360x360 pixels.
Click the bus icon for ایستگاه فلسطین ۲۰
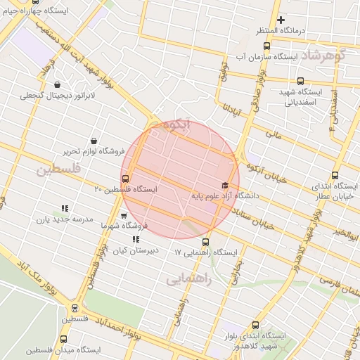[126, 179]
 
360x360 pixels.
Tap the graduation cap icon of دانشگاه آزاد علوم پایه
[225, 185]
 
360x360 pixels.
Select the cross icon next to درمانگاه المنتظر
[281, 20]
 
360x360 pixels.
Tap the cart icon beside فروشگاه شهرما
[124, 217]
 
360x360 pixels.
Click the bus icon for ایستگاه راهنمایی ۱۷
[205, 242]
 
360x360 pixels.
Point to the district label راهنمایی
[188, 279]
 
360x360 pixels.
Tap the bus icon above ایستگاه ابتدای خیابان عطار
[334, 176]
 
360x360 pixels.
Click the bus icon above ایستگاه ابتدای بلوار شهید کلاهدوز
[255, 326]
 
